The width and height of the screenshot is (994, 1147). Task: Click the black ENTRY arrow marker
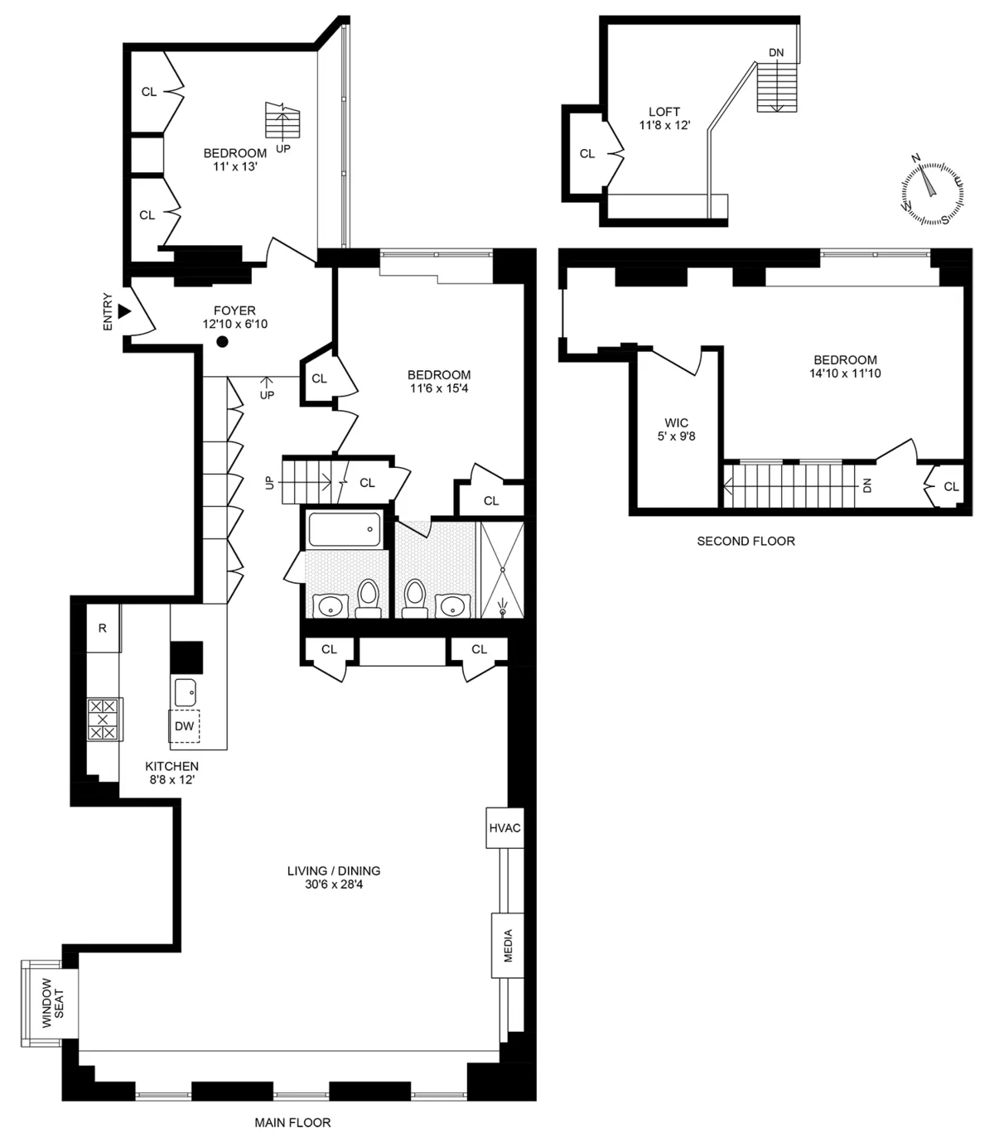124,311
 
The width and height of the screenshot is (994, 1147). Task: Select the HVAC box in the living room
504,827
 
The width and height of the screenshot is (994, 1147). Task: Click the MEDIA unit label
508,945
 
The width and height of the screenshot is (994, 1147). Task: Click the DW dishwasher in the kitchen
185,726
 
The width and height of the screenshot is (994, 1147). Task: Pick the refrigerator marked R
103,628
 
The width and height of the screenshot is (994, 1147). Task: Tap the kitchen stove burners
104,719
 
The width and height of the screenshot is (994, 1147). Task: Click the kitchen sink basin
186,688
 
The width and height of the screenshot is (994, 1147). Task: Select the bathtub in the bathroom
345,529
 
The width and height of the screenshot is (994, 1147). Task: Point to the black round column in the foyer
222,342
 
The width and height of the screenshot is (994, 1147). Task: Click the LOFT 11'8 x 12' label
664,118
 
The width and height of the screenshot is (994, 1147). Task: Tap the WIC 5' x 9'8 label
677,429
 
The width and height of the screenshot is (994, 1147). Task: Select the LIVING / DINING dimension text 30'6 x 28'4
333,884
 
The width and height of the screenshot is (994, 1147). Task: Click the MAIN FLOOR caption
292,1123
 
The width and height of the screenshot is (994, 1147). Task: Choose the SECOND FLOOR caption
745,541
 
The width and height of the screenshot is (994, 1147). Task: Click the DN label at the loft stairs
776,53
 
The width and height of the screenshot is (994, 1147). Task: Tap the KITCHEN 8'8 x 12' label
171,773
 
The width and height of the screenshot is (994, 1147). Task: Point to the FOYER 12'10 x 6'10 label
235,317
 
